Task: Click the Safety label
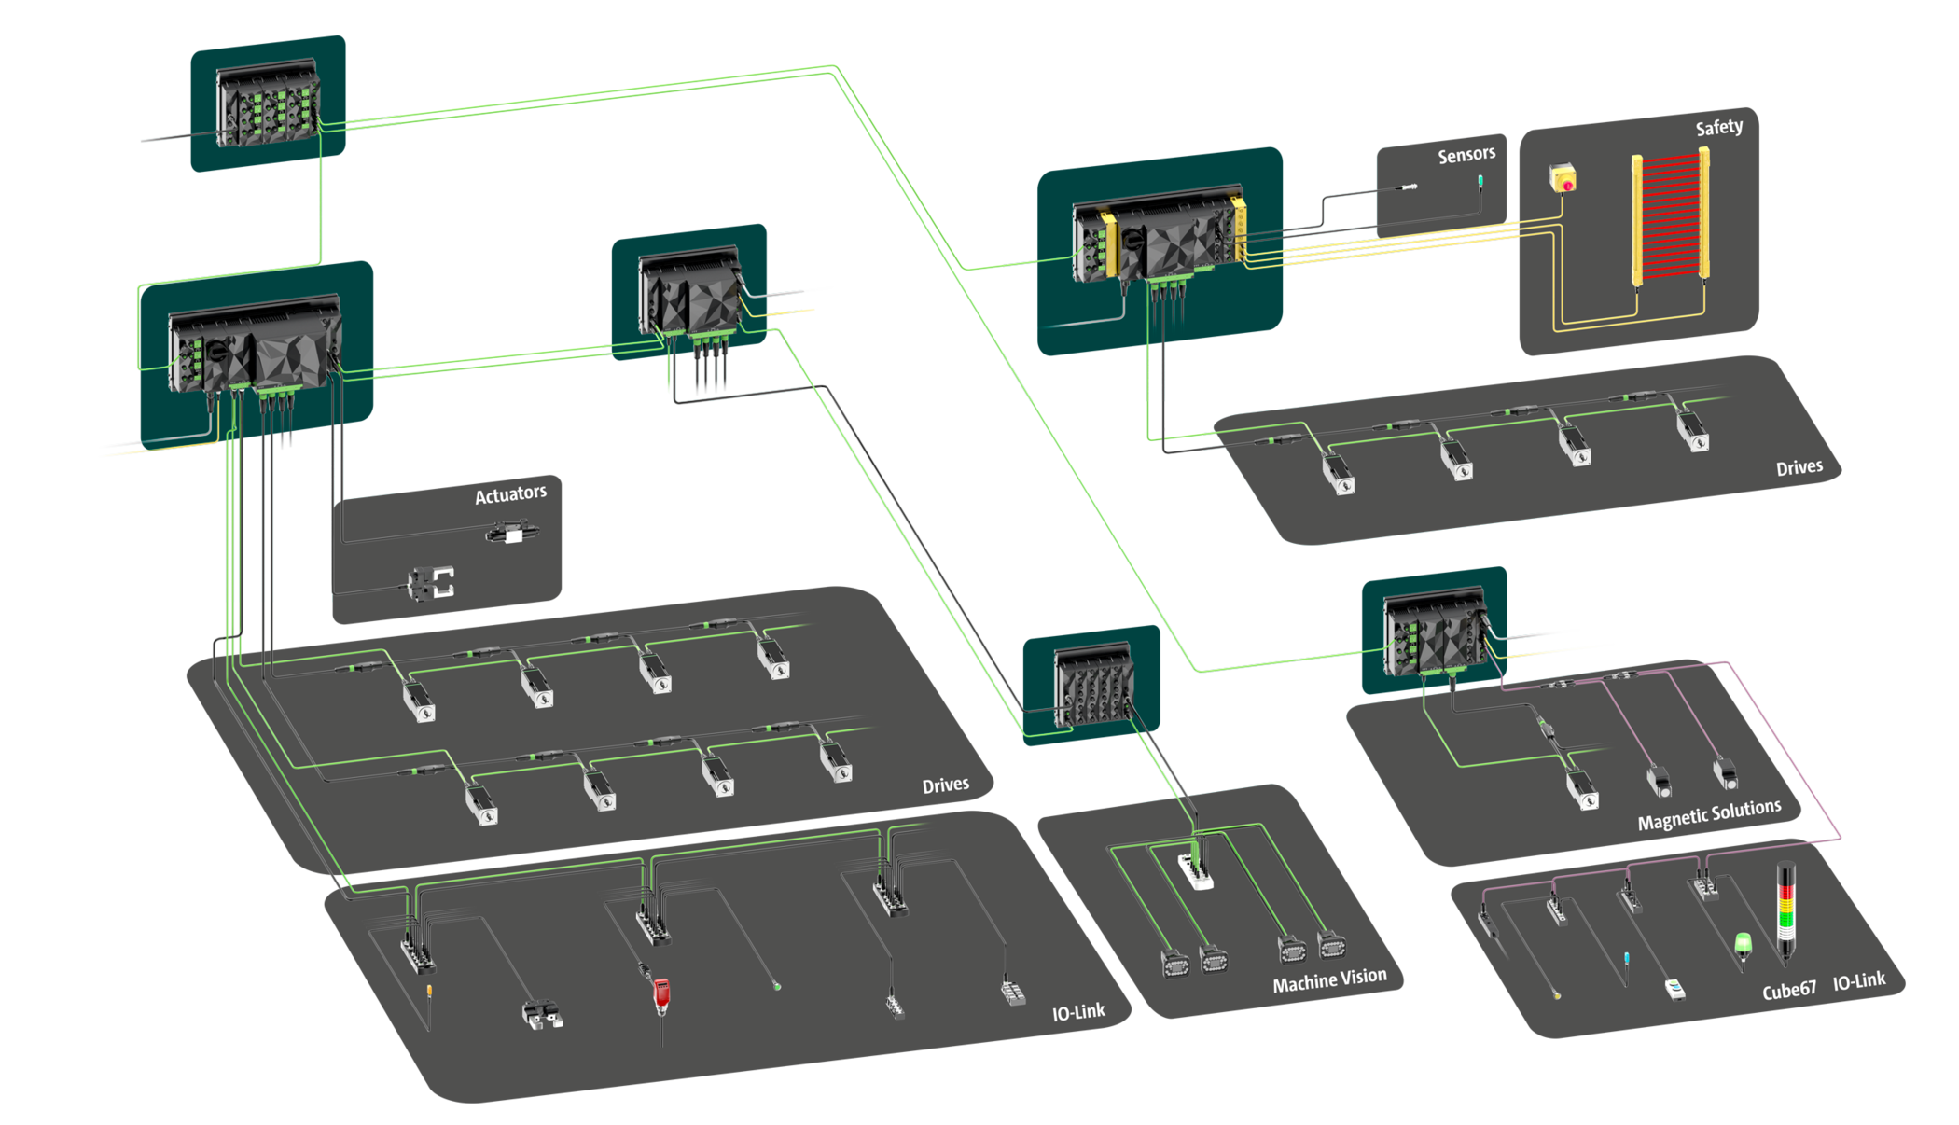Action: pyautogui.click(x=1718, y=127)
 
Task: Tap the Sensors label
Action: pyautogui.click(x=1466, y=155)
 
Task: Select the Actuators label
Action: pyautogui.click(x=510, y=493)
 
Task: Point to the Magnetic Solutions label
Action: pyautogui.click(x=1709, y=813)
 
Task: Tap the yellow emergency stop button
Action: pyautogui.click(x=1563, y=177)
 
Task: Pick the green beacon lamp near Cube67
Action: pyautogui.click(x=1743, y=945)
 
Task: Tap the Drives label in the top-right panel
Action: pyautogui.click(x=1799, y=467)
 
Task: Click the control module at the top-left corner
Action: pyautogui.click(x=269, y=104)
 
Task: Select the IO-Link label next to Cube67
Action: pyautogui.click(x=1858, y=981)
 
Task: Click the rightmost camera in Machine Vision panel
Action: pyautogui.click(x=1331, y=946)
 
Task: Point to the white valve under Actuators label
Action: pyautogui.click(x=509, y=534)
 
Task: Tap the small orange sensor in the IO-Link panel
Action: pyautogui.click(x=429, y=990)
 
